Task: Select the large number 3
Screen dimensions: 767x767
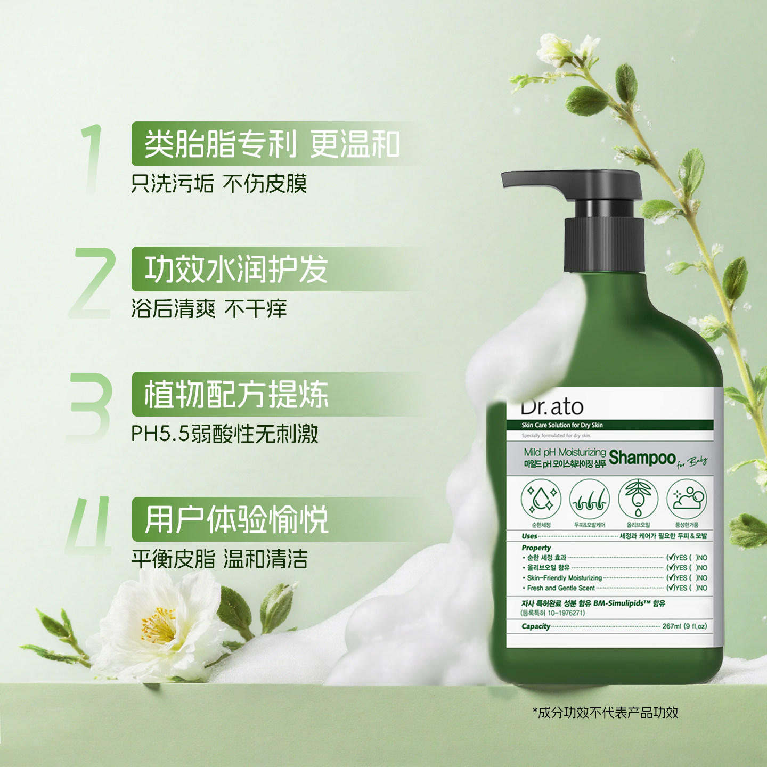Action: (91, 407)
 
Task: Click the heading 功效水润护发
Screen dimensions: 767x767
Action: (236, 269)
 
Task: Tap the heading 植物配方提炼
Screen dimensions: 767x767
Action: (236, 394)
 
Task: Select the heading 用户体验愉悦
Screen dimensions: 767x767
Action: (236, 519)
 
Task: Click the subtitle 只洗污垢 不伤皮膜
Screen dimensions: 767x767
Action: (219, 184)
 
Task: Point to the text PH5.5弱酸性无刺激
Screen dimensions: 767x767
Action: (225, 434)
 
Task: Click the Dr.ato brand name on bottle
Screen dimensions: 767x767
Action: (552, 407)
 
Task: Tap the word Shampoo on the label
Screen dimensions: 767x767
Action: (642, 458)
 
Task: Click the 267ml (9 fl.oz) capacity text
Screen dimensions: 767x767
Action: (684, 626)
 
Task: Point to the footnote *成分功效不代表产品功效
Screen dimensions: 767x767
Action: (606, 713)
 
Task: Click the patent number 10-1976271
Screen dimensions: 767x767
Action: (566, 613)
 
